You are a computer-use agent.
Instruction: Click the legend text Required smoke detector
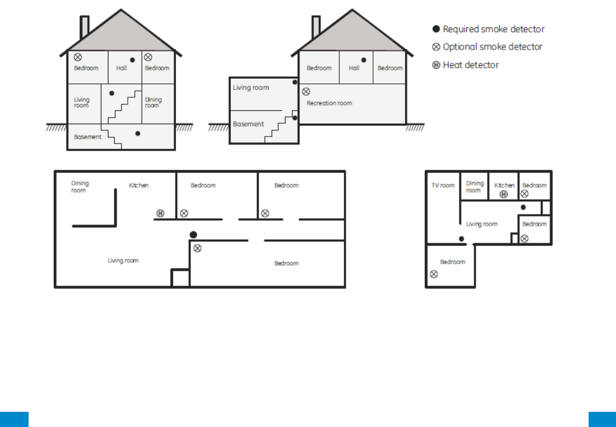coord(494,29)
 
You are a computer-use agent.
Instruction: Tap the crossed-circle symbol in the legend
coord(436,47)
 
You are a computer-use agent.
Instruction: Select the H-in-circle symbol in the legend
coord(436,65)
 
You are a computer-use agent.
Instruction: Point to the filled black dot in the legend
coord(436,29)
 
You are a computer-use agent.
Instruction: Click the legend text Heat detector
coord(471,65)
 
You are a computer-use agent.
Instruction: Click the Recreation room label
coord(329,103)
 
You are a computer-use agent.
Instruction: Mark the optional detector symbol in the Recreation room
coord(306,92)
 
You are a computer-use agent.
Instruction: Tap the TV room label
coord(443,185)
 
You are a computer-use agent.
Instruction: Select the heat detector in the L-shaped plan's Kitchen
coord(504,194)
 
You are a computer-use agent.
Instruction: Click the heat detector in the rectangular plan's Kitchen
coord(160,213)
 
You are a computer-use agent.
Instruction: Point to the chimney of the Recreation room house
coord(316,27)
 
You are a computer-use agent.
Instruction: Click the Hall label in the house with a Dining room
coord(121,68)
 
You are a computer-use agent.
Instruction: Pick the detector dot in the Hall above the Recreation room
coord(364,60)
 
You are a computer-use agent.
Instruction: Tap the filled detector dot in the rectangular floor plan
coord(193,235)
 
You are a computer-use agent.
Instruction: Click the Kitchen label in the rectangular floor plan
coord(139,185)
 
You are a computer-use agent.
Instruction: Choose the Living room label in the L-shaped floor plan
coord(481,224)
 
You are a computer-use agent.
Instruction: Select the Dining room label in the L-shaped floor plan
coord(474,187)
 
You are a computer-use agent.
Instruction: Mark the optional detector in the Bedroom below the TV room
coord(434,274)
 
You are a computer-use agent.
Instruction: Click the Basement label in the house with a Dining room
coord(87,137)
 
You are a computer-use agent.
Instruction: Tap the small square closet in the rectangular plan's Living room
coord(180,278)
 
